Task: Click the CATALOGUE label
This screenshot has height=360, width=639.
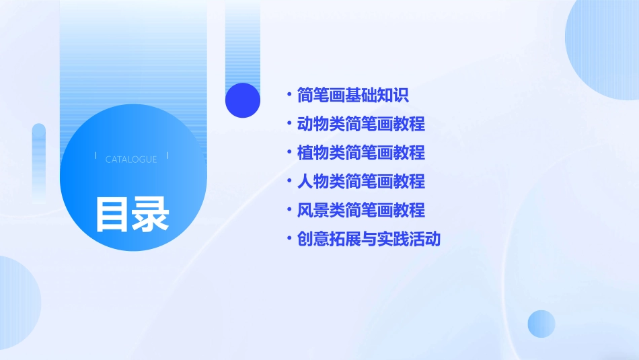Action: (x=131, y=159)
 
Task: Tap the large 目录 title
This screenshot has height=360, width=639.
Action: (x=132, y=215)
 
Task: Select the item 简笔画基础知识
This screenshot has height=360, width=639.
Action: (x=352, y=95)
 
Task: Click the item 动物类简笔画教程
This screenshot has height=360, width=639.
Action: (x=361, y=124)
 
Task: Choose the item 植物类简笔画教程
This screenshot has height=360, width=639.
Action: (x=361, y=153)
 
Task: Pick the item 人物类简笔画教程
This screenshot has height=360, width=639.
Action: (x=361, y=181)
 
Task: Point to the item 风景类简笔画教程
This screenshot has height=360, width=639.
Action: (x=361, y=210)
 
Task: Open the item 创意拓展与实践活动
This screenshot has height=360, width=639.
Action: (x=369, y=239)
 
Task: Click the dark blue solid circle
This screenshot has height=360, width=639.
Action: (x=243, y=100)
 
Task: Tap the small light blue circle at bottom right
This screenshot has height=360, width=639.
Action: (x=541, y=324)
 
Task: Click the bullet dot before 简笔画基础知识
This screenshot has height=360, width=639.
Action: (x=289, y=95)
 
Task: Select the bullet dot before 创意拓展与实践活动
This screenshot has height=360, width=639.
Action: (x=289, y=239)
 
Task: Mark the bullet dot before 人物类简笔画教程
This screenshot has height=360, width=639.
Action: (x=289, y=181)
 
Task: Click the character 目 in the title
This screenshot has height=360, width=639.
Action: (x=112, y=215)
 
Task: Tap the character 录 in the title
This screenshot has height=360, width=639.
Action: (x=151, y=215)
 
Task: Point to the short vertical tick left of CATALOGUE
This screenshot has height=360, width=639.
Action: (x=96, y=156)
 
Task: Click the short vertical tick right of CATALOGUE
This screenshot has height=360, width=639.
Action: (x=167, y=156)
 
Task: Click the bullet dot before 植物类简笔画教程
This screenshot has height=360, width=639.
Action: (x=289, y=153)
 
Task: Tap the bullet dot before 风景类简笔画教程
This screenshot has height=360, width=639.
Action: (x=289, y=210)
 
